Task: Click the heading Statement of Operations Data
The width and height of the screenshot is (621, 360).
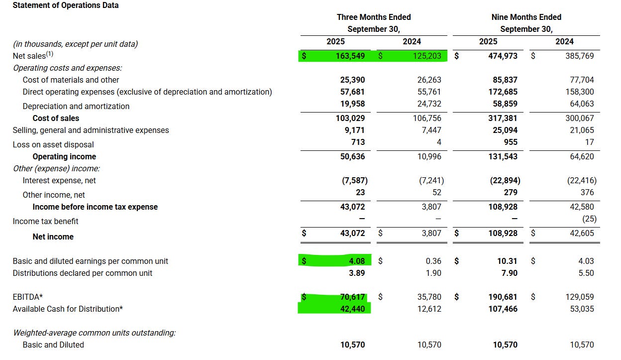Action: [65, 5]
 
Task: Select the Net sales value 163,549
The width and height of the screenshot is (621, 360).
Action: [350, 56]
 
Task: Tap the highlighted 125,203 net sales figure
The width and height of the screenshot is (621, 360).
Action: [426, 56]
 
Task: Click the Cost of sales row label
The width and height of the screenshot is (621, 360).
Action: [56, 119]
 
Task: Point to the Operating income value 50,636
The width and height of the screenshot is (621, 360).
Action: [352, 156]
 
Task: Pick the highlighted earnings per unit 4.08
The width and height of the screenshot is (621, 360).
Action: [356, 261]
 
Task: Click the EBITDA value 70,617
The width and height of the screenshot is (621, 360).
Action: [352, 297]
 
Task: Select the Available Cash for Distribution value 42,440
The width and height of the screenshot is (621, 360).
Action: [352, 309]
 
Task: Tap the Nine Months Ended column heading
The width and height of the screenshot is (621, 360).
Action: [526, 17]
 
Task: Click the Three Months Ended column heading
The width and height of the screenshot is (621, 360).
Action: [374, 17]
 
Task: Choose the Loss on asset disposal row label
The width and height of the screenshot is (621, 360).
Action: [53, 144]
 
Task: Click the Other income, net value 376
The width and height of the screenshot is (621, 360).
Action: [587, 193]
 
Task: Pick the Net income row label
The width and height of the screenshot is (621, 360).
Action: [53, 237]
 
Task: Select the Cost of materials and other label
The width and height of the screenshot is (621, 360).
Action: [71, 80]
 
